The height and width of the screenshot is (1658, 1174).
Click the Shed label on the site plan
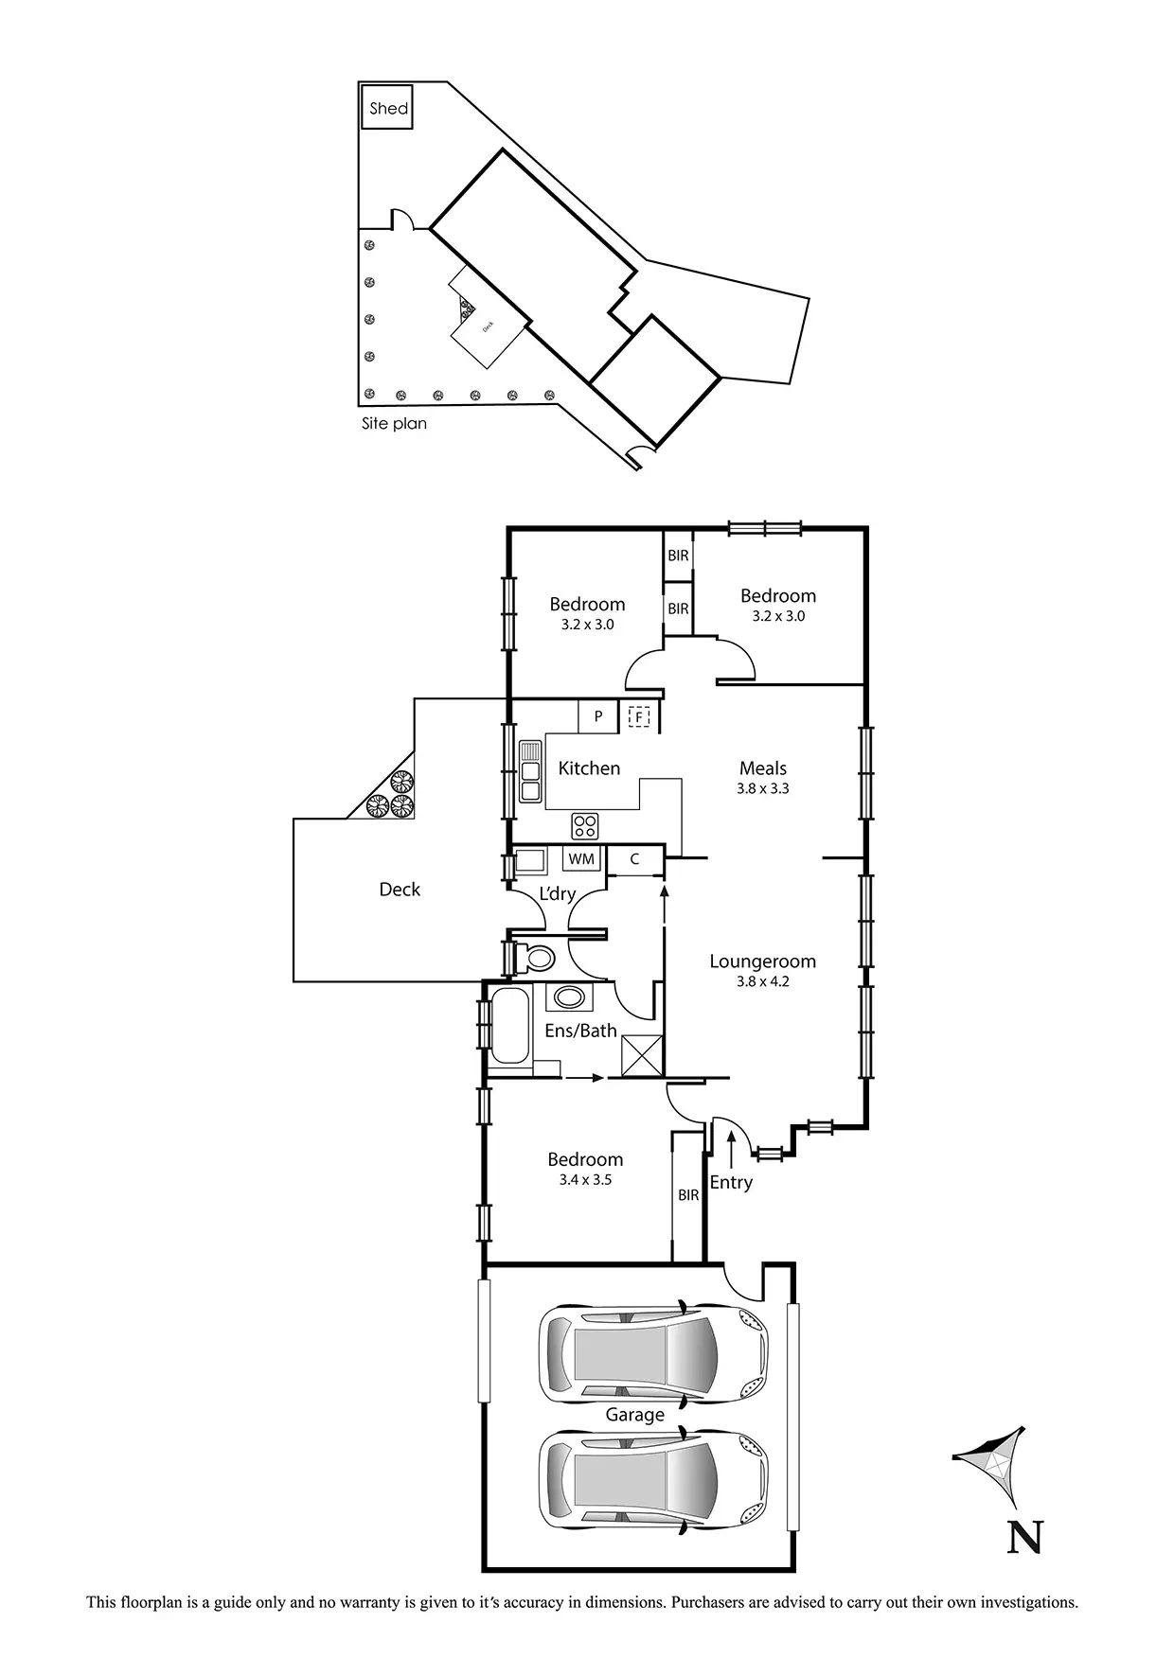pos(389,108)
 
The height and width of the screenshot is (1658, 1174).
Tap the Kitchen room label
pos(589,768)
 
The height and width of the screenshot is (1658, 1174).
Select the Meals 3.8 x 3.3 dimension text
pos(763,788)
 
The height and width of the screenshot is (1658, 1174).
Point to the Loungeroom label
pos(763,961)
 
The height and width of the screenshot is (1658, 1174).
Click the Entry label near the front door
pos(731,1182)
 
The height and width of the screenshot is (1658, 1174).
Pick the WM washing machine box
pos(581,858)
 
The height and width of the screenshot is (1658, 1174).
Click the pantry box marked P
pos(598,716)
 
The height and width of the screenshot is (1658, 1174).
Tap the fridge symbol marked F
pos(640,716)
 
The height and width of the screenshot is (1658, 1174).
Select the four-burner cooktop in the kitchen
pos(585,825)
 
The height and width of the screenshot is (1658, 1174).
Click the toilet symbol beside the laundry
pos(535,958)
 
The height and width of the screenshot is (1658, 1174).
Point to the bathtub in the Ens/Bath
pos(508,1026)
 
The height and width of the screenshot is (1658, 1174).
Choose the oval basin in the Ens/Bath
pos(570,997)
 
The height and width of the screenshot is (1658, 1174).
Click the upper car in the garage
pos(653,1352)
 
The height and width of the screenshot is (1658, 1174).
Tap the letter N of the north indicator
pos(1024,1537)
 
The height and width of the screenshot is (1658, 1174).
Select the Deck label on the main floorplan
pos(400,890)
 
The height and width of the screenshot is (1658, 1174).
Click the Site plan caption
pos(394,423)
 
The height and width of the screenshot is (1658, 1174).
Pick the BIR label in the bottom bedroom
pos(688,1195)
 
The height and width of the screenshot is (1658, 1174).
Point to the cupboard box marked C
pos(634,859)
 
